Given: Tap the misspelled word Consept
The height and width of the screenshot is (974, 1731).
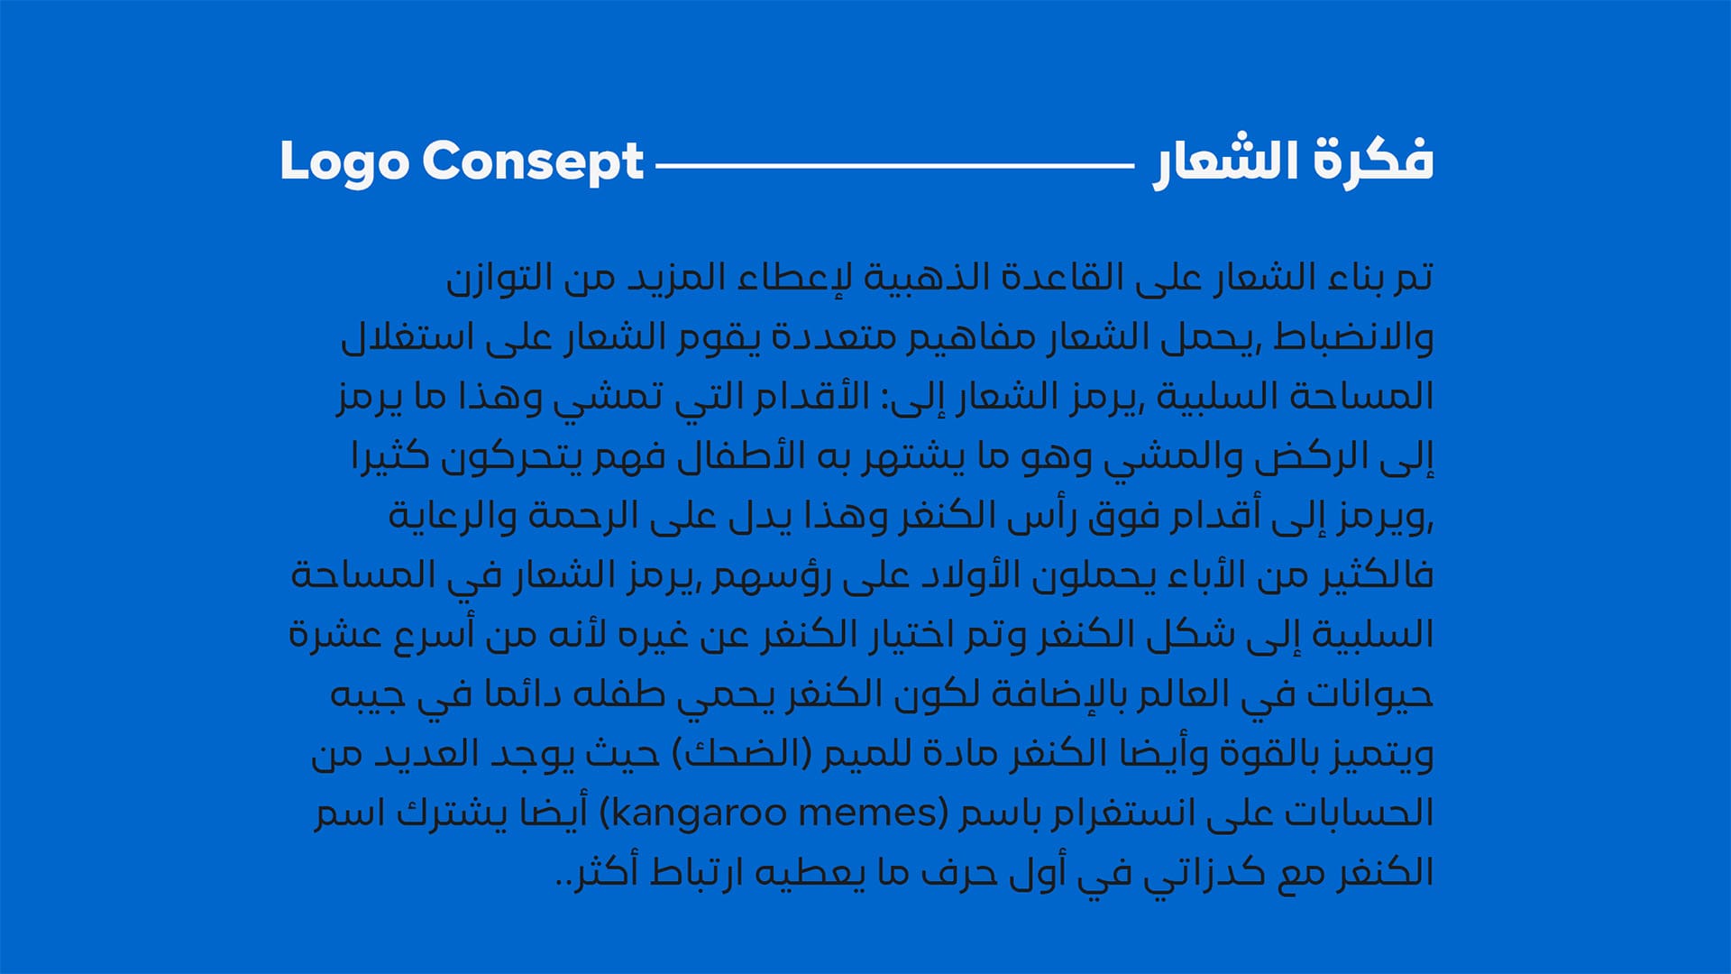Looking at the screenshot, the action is (x=533, y=163).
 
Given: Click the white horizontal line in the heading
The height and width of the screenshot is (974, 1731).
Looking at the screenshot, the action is (x=894, y=165).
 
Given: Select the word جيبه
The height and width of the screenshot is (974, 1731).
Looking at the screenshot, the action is (x=365, y=695).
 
